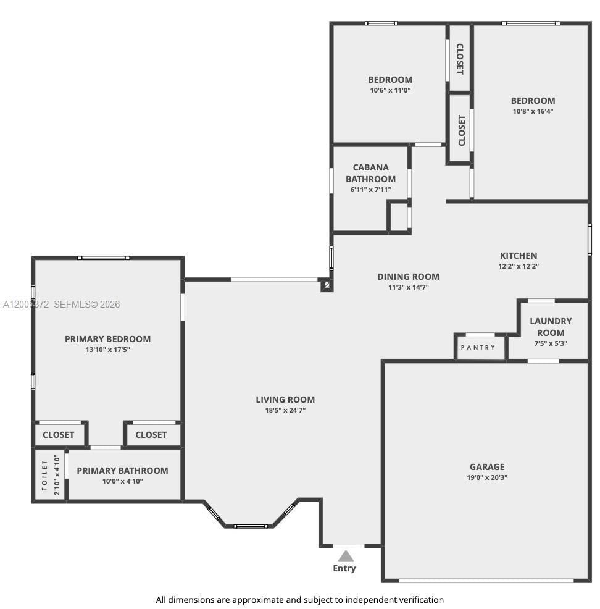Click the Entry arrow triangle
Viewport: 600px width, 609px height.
[x=346, y=556]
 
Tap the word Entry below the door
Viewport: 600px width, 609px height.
[x=344, y=568]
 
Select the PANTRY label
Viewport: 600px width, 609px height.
[x=478, y=348]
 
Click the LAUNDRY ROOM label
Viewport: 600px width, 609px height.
[x=551, y=327]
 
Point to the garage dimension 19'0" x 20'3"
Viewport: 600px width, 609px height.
[x=487, y=477]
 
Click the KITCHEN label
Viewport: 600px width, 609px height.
[x=519, y=255]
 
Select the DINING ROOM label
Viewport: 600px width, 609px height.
[x=408, y=277]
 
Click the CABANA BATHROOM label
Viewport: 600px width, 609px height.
[x=370, y=173]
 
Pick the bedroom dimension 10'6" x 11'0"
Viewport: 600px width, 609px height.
[x=390, y=90]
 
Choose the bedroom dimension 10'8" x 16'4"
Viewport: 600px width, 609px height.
[x=533, y=111]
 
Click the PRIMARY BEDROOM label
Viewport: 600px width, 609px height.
[x=107, y=338]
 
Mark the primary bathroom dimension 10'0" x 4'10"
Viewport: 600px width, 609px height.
[x=122, y=481]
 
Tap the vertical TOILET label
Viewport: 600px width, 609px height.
[x=44, y=476]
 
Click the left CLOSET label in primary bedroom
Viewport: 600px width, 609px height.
[x=59, y=435]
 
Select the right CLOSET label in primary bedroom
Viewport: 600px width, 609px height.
[x=151, y=435]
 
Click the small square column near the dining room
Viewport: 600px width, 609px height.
[x=327, y=285]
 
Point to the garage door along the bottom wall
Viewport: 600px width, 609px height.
[x=486, y=581]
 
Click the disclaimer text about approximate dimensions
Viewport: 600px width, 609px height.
[x=299, y=599]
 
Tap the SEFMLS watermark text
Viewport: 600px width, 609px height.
[x=87, y=304]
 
